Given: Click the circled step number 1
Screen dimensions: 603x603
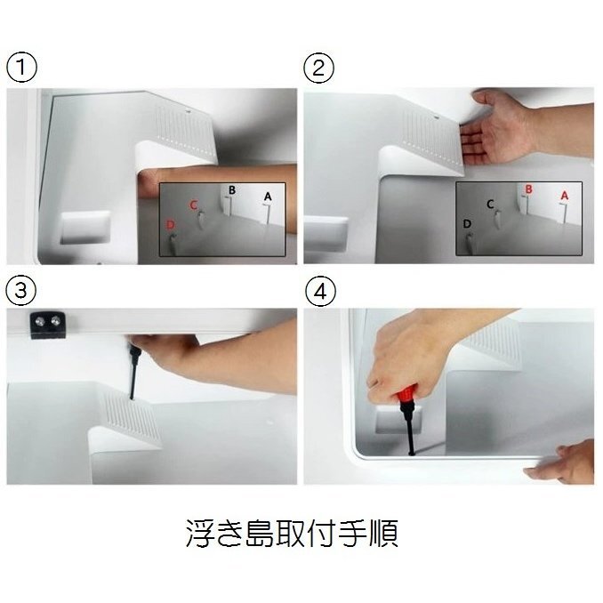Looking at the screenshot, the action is tap(21, 68).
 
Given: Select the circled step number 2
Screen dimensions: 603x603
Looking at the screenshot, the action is tap(318, 68).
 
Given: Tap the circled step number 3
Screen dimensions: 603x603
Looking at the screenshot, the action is tap(21, 290).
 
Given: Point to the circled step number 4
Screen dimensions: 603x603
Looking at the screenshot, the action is tap(320, 291).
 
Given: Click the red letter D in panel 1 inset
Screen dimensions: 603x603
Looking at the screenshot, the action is tap(171, 225).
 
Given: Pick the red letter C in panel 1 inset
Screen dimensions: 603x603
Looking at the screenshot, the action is tap(194, 205).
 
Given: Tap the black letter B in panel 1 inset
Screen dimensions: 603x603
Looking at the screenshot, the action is tap(232, 190).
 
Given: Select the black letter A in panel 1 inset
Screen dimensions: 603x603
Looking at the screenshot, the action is tap(268, 197).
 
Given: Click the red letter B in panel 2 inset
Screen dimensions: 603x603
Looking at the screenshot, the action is tap(529, 189).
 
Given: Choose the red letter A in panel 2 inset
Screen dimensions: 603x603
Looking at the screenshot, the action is tap(564, 196).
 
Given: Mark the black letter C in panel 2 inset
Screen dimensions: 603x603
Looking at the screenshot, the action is tap(490, 204).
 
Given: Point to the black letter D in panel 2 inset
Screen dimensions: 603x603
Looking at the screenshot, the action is tap(467, 224).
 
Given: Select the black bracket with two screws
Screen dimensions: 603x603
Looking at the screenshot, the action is tap(48, 325).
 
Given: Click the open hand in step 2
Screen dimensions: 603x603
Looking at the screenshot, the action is tap(500, 129).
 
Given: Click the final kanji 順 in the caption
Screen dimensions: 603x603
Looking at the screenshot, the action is tap(384, 534).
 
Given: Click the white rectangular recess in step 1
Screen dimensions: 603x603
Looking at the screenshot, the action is tap(85, 228).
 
